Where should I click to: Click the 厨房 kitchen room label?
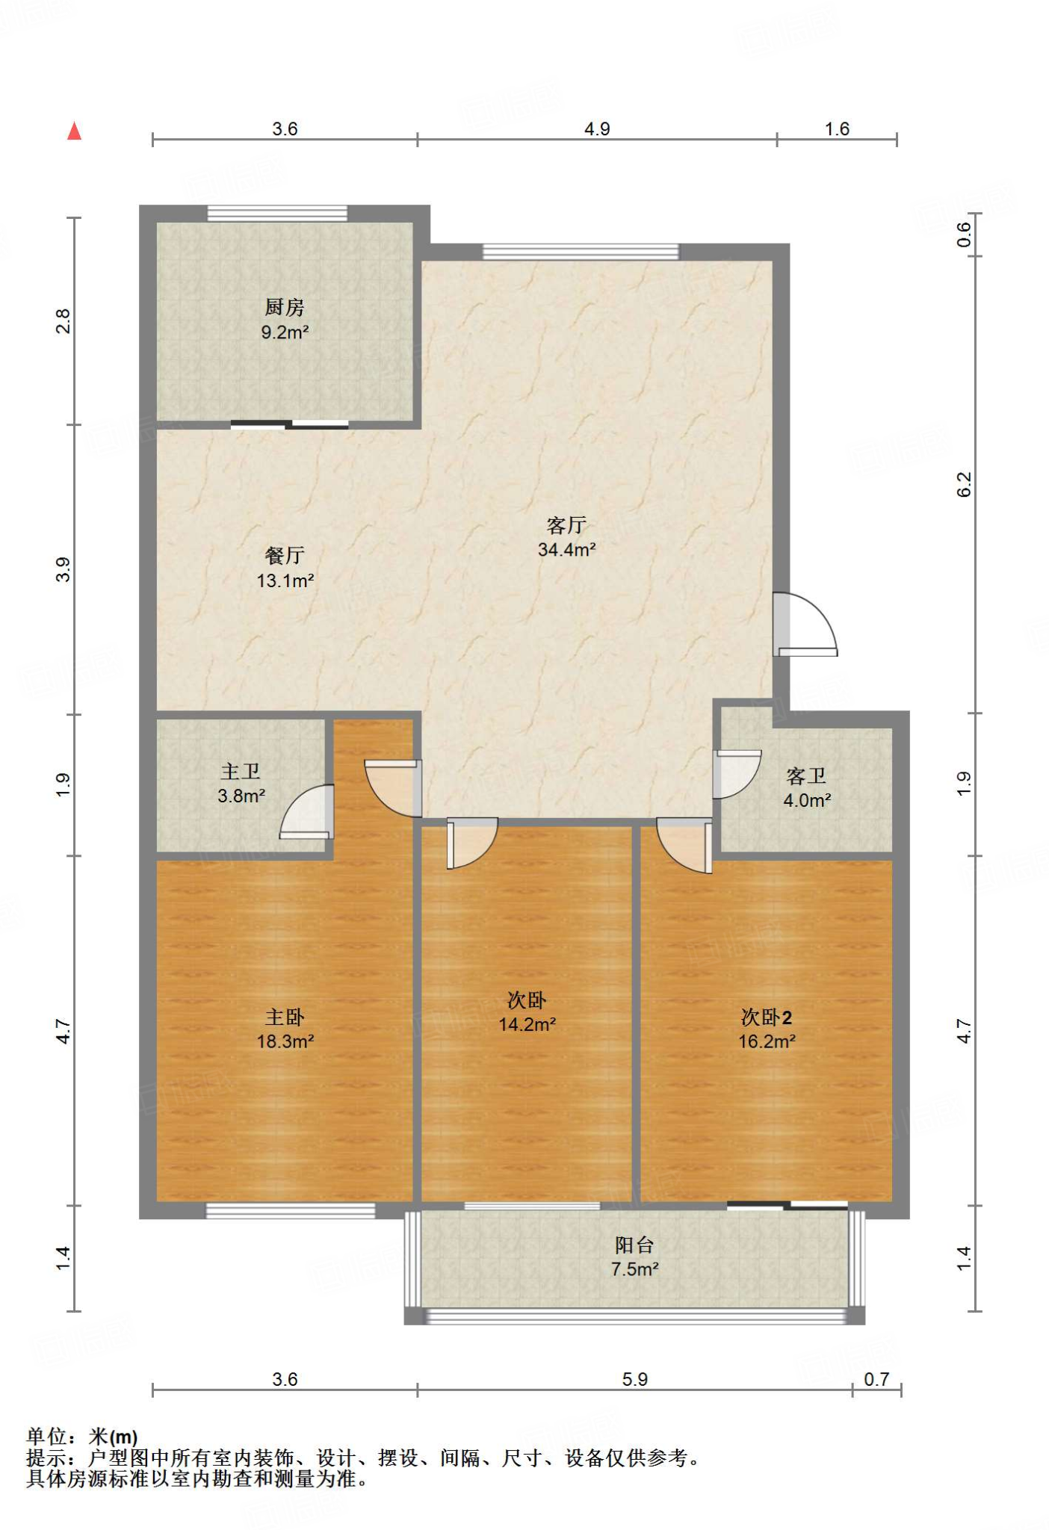(285, 307)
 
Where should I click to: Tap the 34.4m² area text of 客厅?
(566, 550)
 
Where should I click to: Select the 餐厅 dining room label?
(285, 556)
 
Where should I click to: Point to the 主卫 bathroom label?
(241, 772)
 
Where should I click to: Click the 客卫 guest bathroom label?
(806, 776)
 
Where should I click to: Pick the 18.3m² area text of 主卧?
(285, 1041)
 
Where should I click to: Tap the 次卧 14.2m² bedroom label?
(527, 1000)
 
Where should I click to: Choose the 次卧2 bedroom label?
(767, 1017)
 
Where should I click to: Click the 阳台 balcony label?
(634, 1245)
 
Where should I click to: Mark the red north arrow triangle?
(74, 131)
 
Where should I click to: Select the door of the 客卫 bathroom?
(737, 775)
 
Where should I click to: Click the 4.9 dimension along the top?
(597, 129)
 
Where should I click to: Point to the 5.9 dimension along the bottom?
(634, 1379)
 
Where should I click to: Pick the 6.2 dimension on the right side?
(965, 484)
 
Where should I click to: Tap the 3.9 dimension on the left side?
(64, 569)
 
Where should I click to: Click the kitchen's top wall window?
(277, 214)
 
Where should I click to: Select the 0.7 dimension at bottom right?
(876, 1379)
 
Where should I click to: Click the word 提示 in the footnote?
(46, 1458)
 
